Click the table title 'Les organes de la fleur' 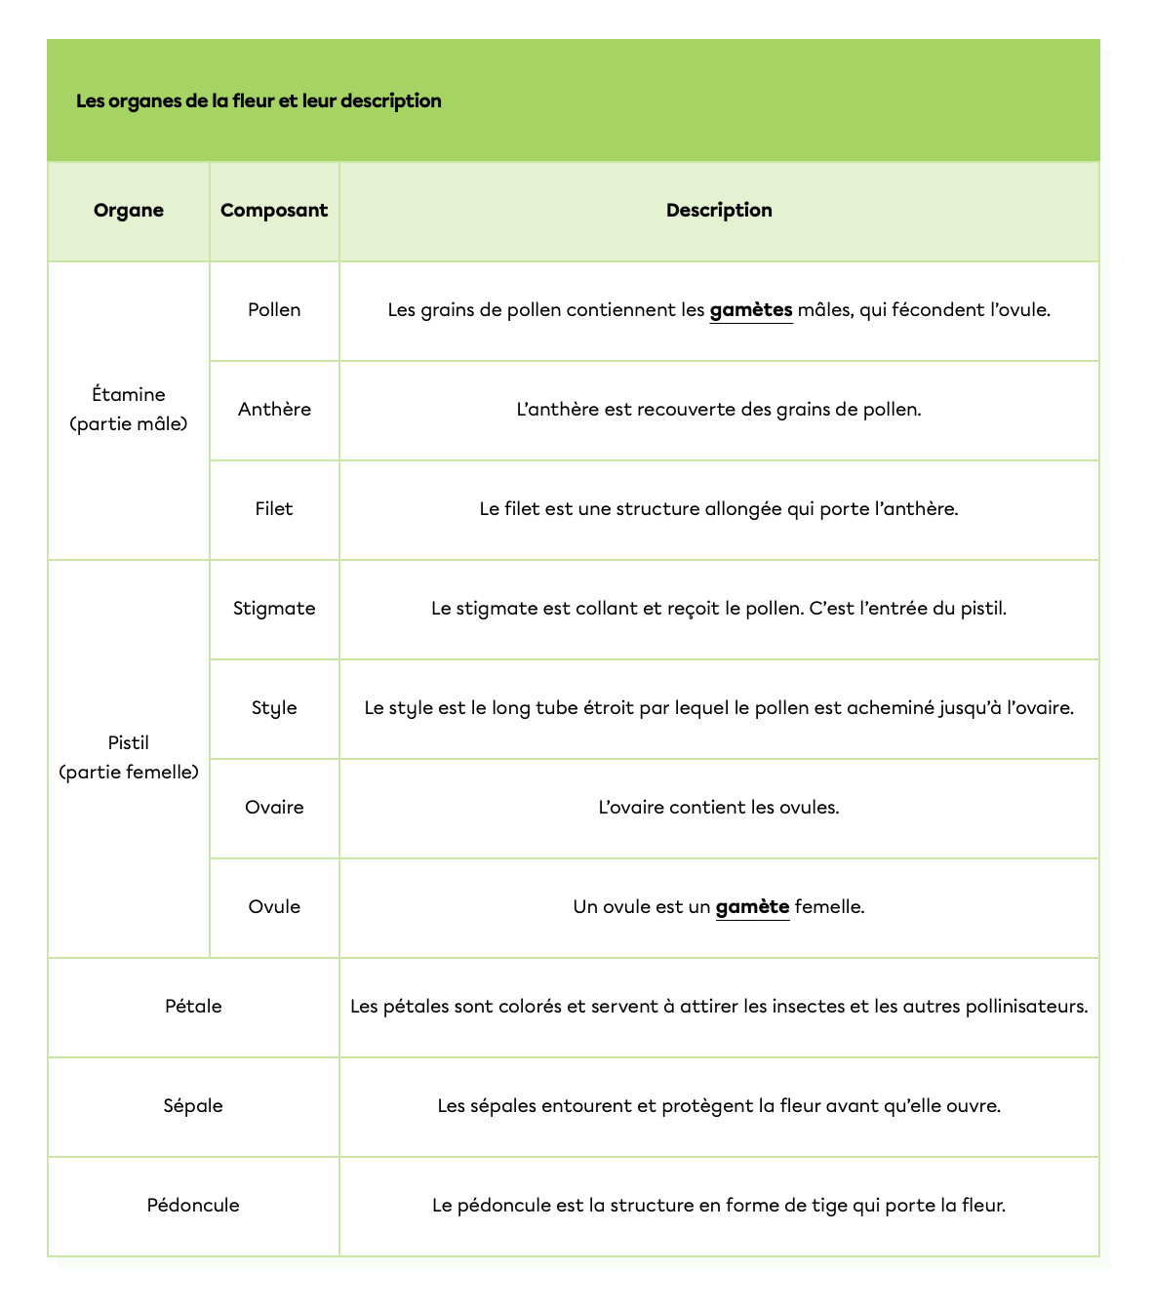click(258, 101)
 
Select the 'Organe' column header click(129, 211)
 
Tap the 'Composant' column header click(274, 211)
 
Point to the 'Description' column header click(719, 211)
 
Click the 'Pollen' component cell click(274, 310)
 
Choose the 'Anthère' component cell click(274, 410)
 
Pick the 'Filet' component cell click(274, 509)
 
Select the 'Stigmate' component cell click(274, 609)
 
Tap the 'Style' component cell click(274, 708)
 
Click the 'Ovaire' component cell click(274, 808)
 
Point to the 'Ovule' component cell click(274, 907)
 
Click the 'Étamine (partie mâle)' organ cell click(129, 410)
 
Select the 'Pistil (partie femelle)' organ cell click(129, 758)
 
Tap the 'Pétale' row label click(193, 1007)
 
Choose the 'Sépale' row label click(193, 1106)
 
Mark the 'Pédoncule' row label click(193, 1206)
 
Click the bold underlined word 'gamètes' click(751, 310)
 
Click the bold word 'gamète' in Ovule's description click(752, 907)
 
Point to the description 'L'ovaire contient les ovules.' click(719, 808)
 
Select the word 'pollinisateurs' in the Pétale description click(1026, 1007)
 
